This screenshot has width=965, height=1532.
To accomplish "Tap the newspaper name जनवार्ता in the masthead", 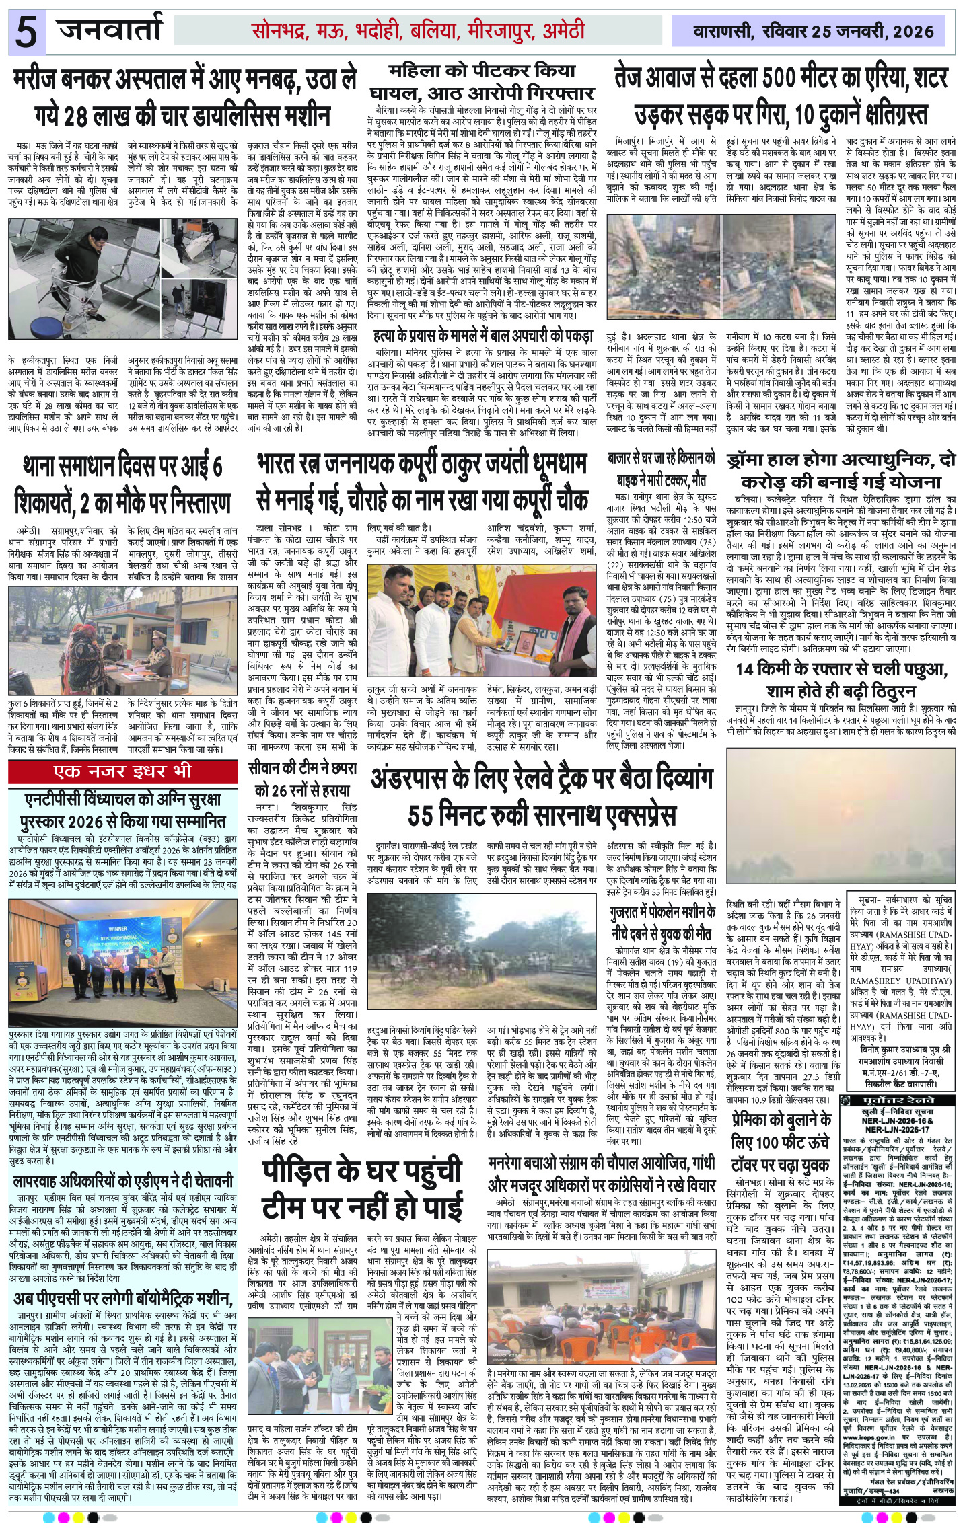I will (x=110, y=30).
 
